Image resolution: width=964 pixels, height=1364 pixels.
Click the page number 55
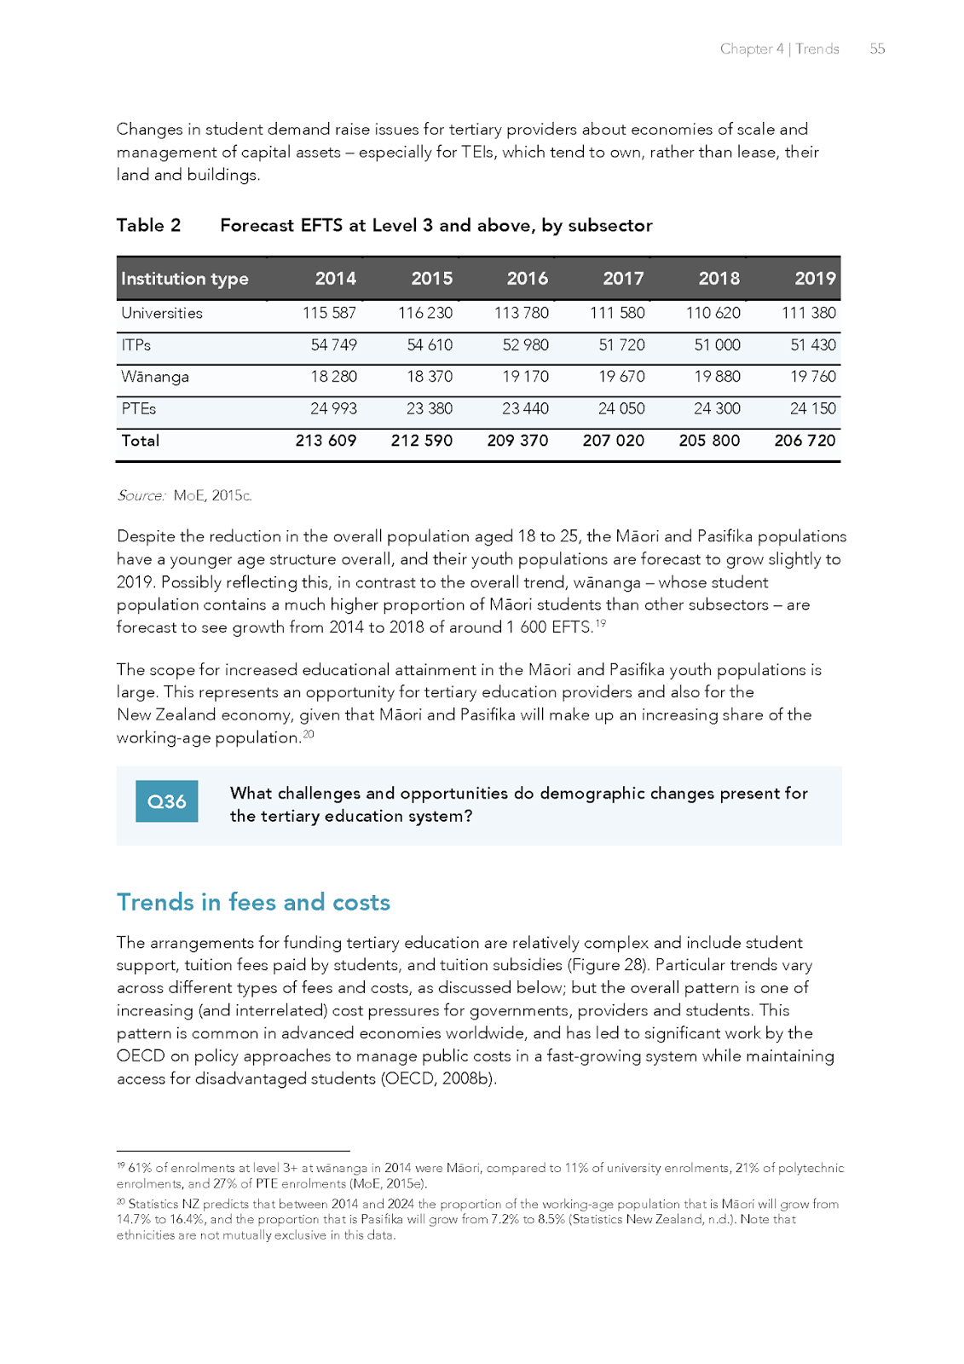(877, 49)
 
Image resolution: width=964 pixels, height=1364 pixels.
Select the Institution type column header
(185, 279)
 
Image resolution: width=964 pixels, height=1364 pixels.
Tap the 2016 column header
(527, 279)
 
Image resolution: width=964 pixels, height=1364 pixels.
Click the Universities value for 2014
(329, 313)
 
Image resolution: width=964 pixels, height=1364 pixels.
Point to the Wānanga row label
(155, 377)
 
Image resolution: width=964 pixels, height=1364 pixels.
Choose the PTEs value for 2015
(429, 408)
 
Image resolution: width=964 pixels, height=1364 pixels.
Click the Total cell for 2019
(805, 441)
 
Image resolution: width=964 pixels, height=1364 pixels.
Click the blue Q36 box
(166, 801)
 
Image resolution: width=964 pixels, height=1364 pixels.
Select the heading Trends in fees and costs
(253, 902)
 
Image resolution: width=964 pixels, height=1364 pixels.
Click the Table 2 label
(148, 225)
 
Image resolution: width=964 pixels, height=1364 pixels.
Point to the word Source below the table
(141, 495)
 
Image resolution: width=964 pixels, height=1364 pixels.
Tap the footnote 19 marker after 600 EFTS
(601, 623)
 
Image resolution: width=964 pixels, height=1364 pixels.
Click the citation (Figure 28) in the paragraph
(607, 965)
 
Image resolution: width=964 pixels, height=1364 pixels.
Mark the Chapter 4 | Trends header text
(779, 49)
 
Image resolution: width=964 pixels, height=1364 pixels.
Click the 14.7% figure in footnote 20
(132, 1219)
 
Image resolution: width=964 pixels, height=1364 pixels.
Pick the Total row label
(140, 441)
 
